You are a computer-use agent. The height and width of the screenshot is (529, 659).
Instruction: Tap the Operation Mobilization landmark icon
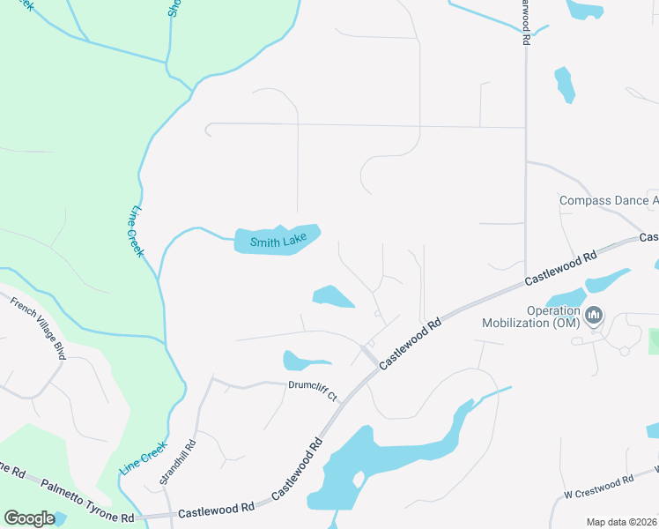tap(595, 315)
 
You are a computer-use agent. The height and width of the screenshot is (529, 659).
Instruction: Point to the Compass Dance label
tap(608, 201)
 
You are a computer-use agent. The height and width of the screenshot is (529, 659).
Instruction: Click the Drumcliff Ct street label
tap(313, 391)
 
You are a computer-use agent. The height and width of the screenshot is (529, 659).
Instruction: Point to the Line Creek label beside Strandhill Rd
tap(143, 458)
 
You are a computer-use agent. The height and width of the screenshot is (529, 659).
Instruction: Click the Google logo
tap(29, 518)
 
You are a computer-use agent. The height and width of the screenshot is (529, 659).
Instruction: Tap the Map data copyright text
tap(621, 522)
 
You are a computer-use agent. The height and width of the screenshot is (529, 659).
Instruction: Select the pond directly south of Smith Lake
tap(332, 296)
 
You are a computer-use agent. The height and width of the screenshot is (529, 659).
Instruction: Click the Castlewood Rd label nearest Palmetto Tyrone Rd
tap(216, 509)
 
